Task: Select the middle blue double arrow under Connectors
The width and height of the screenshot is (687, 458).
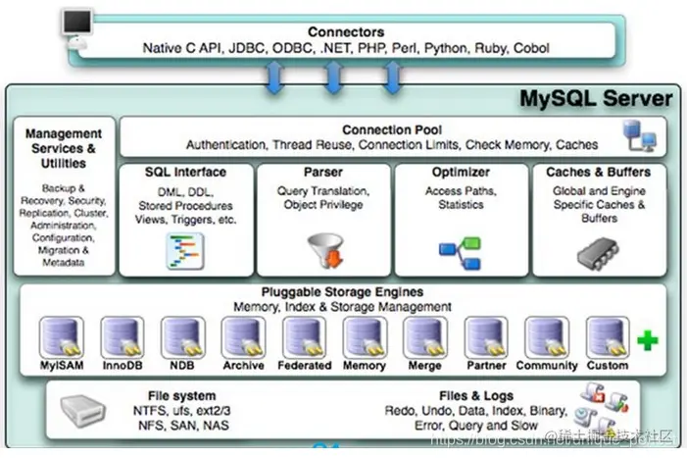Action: [332, 76]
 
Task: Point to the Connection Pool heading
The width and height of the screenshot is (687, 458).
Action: [391, 129]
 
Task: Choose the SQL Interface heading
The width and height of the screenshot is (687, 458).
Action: [185, 173]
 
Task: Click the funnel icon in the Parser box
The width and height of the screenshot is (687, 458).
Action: [323, 250]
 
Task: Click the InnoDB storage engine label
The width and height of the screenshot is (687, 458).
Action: [122, 366]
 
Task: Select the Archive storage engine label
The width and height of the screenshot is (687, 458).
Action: [243, 366]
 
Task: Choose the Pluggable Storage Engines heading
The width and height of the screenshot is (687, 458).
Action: [342, 292]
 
